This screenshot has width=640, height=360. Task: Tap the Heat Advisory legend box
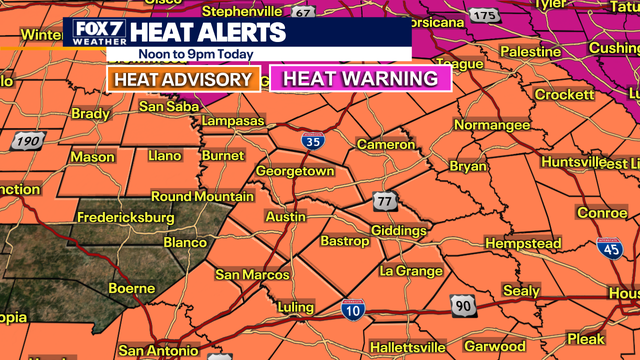(x=182, y=79)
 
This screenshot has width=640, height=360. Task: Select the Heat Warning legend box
(x=360, y=79)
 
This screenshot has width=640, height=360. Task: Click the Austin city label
(x=285, y=217)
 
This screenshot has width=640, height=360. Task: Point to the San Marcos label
(x=252, y=274)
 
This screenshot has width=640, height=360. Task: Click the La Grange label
(x=410, y=271)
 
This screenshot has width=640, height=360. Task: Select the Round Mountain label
(x=202, y=197)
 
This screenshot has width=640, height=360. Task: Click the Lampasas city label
(x=231, y=121)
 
